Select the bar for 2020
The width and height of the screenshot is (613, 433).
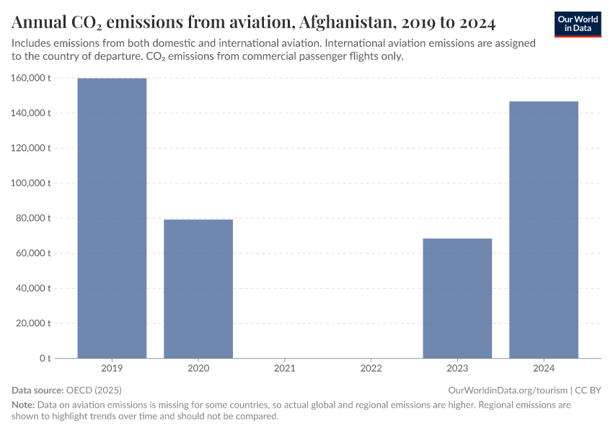[198, 289]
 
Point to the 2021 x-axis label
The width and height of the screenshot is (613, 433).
[285, 369]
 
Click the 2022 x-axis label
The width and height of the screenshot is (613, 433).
[371, 369]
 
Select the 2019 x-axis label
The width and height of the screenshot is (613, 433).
[112, 369]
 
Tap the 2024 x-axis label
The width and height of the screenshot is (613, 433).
[544, 369]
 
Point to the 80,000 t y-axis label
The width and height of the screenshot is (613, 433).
[35, 218]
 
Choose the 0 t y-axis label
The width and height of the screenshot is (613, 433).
[45, 358]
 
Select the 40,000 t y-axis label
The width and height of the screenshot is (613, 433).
[35, 288]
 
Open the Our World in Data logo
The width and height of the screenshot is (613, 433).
[578, 24]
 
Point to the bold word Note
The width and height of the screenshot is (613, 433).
[23, 405]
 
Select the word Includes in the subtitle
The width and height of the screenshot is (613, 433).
[33, 43]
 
